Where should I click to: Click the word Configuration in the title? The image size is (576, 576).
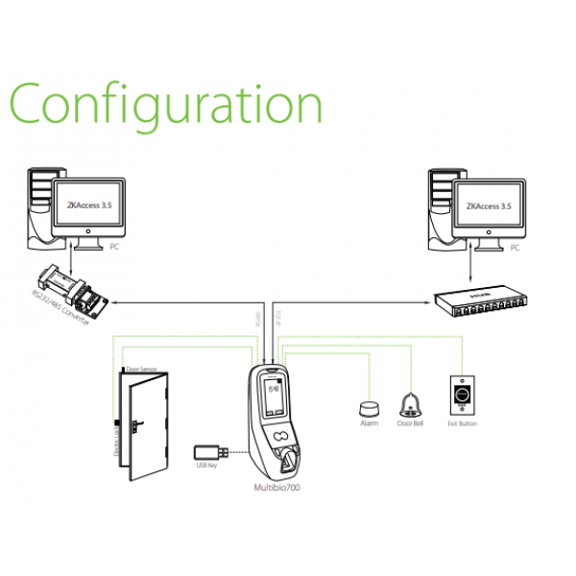[165, 104]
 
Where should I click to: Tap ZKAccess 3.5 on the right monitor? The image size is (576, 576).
[487, 204]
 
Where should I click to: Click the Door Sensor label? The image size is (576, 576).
[142, 370]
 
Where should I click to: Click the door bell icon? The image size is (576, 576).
[411, 403]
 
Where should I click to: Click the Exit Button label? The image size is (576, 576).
[461, 423]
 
